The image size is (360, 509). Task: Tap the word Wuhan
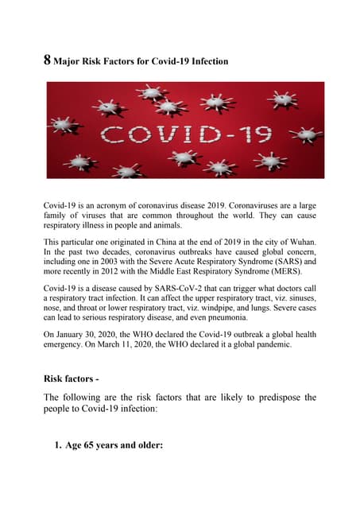(x=297, y=241)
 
